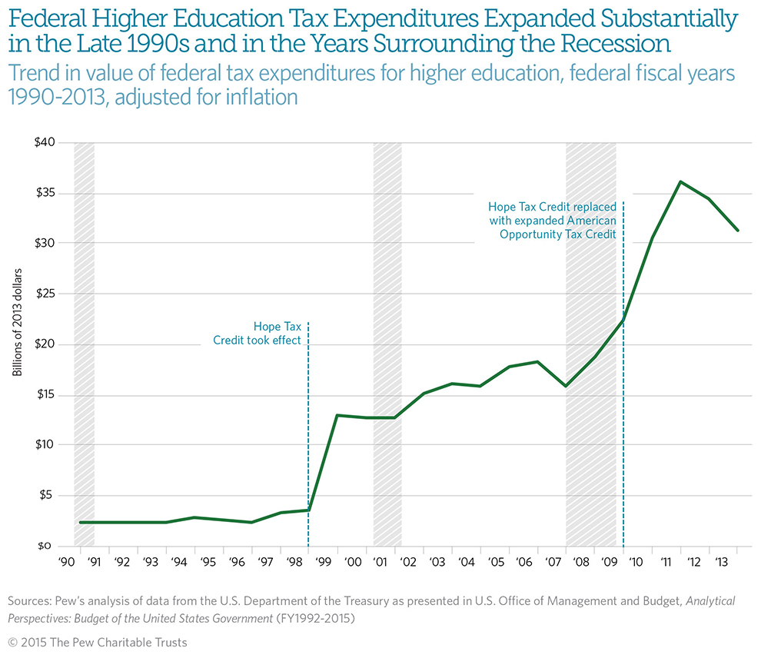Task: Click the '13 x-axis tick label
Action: [723, 562]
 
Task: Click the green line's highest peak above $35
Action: [680, 182]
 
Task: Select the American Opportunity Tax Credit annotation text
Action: [552, 220]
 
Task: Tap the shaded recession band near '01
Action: [387, 344]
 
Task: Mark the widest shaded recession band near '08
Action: [590, 344]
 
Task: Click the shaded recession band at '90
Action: [84, 344]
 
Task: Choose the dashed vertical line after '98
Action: [308, 430]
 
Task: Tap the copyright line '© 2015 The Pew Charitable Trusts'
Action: [98, 642]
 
